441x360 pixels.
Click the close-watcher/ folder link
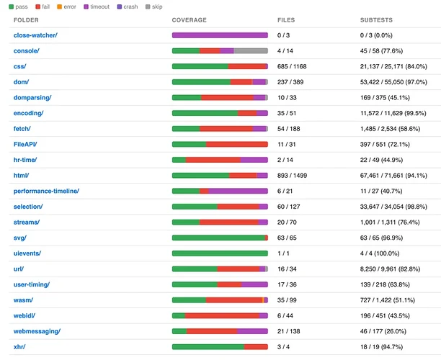[35, 35]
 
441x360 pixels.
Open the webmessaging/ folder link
[37, 331]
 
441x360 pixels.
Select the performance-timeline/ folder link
[46, 191]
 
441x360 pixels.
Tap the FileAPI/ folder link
[25, 144]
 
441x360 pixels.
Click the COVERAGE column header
[190, 20]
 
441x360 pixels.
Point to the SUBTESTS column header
[376, 20]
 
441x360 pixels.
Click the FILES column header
[286, 20]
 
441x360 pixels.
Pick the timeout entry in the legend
[97, 6]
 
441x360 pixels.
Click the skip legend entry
[154, 6]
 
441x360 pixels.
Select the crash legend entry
[128, 6]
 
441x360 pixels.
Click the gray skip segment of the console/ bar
[251, 51]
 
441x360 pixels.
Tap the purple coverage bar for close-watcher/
[220, 35]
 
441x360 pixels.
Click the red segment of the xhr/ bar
[256, 347]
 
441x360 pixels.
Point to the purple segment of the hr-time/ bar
[254, 160]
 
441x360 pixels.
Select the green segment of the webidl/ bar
[179, 315]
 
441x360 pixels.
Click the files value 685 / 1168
[292, 66]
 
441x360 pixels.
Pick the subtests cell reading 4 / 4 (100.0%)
[380, 253]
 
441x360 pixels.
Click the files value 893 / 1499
[293, 176]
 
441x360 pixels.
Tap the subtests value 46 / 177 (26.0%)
[383, 331]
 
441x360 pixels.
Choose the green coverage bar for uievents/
[220, 253]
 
